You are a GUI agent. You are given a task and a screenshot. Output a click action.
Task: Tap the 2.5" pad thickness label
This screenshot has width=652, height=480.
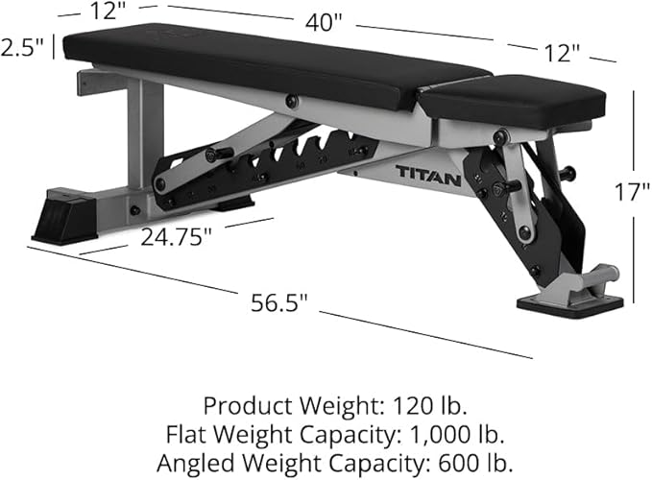click(22, 48)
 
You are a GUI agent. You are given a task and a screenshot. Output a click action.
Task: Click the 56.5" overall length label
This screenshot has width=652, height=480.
click(278, 302)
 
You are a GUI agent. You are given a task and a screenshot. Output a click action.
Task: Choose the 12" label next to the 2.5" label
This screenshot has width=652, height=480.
click(109, 12)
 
